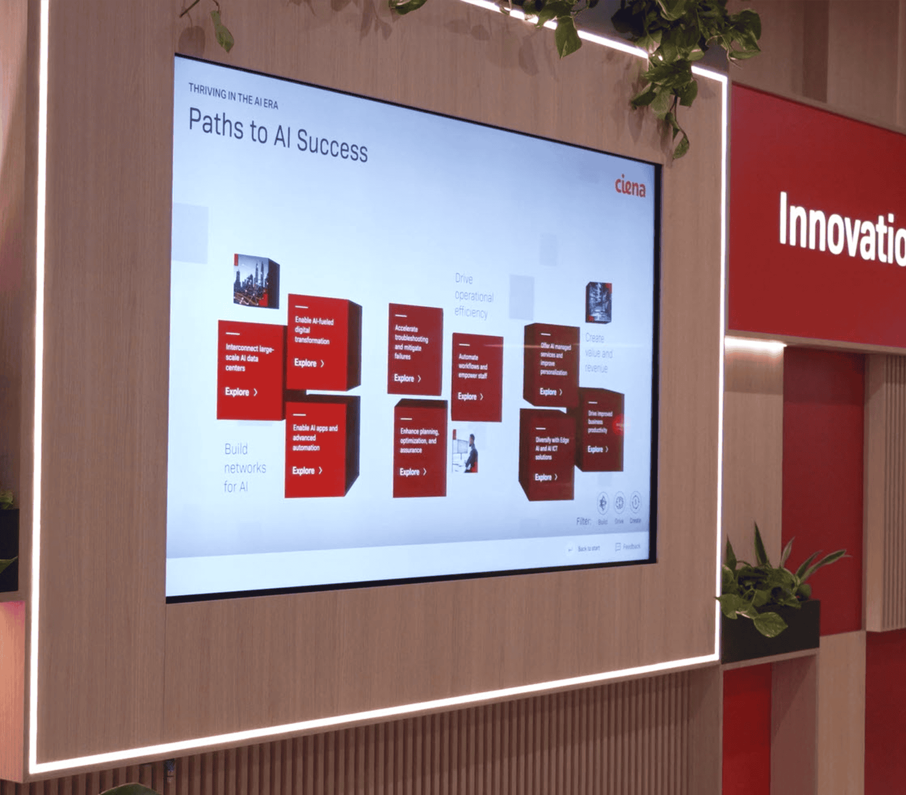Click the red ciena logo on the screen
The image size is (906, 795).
(630, 185)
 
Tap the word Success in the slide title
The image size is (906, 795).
(332, 146)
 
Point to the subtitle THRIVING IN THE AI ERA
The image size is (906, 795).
(233, 96)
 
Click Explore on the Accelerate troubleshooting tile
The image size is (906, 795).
(407, 378)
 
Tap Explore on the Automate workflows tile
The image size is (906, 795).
(470, 396)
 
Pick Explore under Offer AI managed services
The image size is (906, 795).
(550, 392)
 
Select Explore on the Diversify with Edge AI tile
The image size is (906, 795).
(545, 477)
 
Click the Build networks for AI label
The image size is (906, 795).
(244, 467)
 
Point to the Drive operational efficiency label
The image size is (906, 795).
(473, 296)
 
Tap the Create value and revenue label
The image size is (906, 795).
(598, 353)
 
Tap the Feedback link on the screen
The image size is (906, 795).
(628, 546)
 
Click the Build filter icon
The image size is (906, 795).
(603, 502)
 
